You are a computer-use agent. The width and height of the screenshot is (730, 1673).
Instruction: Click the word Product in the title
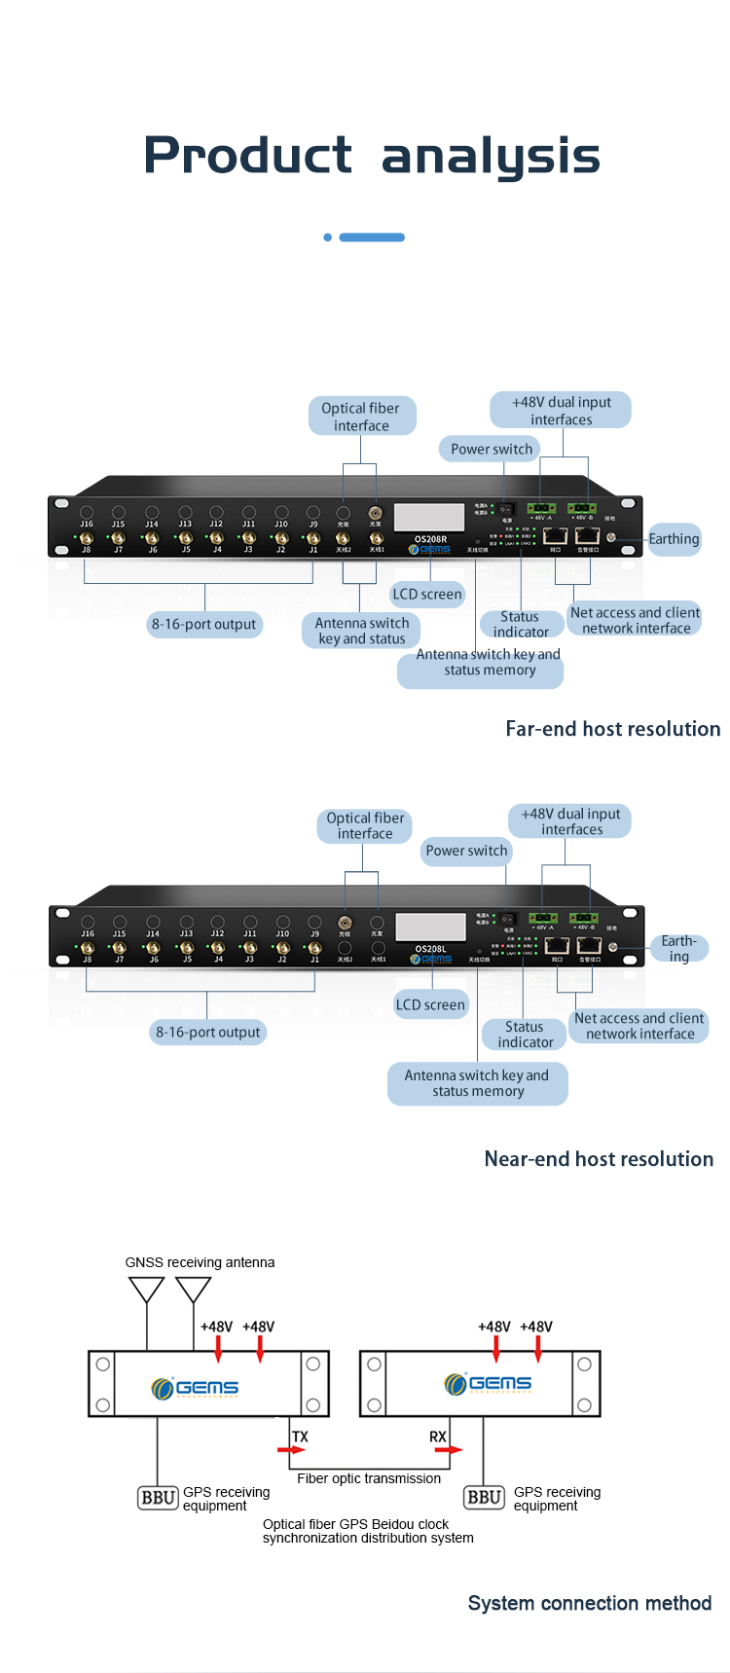coord(248,155)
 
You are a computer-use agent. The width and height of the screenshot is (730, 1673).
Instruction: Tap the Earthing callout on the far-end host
coord(674,539)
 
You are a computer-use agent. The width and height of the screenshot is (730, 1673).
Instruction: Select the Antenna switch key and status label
coord(361,631)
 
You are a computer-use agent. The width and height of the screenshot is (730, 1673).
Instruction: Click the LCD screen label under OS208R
coord(427,595)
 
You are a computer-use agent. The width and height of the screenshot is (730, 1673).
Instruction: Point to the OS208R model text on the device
coord(430,539)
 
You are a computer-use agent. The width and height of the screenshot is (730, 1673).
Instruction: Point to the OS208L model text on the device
coord(431,949)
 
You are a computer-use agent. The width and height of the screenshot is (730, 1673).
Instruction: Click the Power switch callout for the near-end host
coord(466,851)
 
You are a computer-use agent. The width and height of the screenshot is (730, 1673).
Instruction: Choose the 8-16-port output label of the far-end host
coord(204,625)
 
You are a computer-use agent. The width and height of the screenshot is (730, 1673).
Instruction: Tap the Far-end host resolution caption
coord(613,729)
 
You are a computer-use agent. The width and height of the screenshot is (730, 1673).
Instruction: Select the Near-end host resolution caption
coord(599,1159)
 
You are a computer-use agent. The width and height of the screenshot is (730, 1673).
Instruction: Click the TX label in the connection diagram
coord(300,1437)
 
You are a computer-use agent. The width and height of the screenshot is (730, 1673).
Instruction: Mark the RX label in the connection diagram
coord(438,1437)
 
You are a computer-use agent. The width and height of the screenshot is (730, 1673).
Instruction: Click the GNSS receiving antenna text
coord(200,1262)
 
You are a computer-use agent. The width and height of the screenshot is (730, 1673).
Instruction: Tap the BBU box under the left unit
coord(158,1498)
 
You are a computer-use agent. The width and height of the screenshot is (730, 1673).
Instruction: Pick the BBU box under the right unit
coord(485,1497)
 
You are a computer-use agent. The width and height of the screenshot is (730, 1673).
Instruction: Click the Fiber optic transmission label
coord(369,1478)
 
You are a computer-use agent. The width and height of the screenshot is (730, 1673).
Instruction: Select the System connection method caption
coord(590,1603)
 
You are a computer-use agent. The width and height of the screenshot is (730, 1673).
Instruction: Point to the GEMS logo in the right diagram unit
coord(488,1383)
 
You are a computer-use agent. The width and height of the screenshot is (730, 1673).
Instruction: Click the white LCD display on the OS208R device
coord(429,517)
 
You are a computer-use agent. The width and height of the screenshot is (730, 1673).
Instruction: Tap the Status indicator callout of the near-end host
coord(526,1035)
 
